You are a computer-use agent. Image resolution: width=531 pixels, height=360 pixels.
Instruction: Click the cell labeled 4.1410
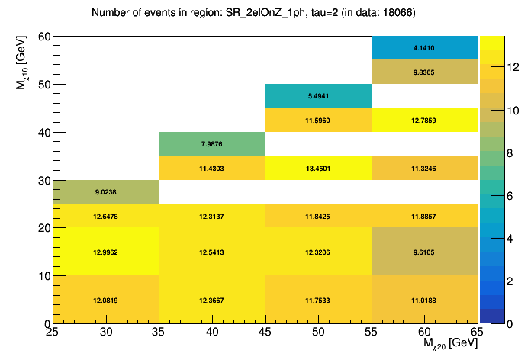pos(424,47)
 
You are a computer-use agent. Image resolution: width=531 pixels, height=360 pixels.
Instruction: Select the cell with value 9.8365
pos(424,72)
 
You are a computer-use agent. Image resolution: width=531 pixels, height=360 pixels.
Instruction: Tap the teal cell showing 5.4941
pos(317,96)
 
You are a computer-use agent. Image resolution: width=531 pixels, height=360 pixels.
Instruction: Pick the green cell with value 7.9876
pos(211,143)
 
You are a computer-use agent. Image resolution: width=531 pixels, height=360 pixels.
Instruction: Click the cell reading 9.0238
pos(105,192)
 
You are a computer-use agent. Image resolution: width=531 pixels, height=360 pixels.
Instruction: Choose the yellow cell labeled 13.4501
pos(317,168)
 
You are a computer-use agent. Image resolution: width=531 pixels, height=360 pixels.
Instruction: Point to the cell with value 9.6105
pos(424,252)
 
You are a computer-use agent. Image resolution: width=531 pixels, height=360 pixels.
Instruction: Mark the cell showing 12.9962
pos(105,252)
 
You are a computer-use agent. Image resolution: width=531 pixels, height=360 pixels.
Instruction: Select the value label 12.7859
pos(424,120)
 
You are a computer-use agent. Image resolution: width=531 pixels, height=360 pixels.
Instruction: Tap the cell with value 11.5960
pos(317,120)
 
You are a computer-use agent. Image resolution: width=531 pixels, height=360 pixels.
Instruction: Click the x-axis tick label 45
pos(265,333)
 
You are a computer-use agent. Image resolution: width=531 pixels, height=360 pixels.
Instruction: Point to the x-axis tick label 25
pos(52,333)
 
